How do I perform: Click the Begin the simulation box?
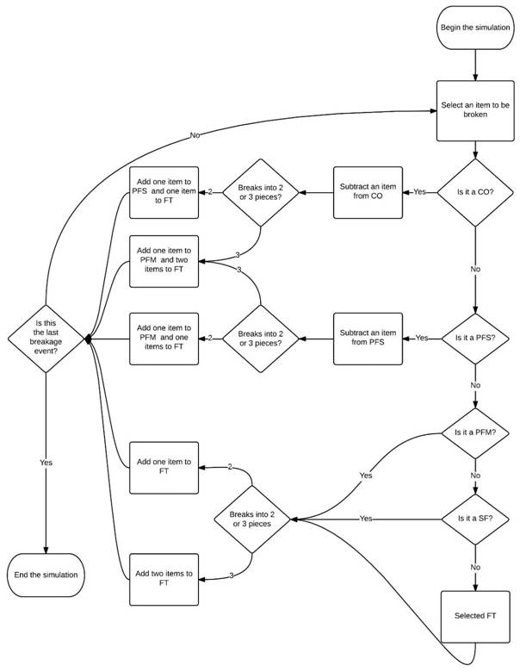coord(474,28)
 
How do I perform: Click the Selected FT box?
coord(475,616)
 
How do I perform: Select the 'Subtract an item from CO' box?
coord(368,191)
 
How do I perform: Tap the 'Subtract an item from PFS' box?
coord(368,338)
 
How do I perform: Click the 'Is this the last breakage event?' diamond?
coord(47,340)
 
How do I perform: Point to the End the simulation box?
coord(47,575)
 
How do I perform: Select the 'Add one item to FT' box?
coord(164,468)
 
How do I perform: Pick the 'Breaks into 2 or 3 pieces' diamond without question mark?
coord(251,519)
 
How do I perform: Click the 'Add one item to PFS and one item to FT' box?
coord(164,192)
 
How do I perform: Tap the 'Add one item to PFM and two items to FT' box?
coord(164,260)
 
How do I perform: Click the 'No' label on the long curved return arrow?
coord(195,136)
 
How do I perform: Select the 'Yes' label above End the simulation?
coord(46,463)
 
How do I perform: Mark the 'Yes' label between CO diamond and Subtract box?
coord(420,191)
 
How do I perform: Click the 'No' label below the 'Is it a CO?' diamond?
coord(475,269)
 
